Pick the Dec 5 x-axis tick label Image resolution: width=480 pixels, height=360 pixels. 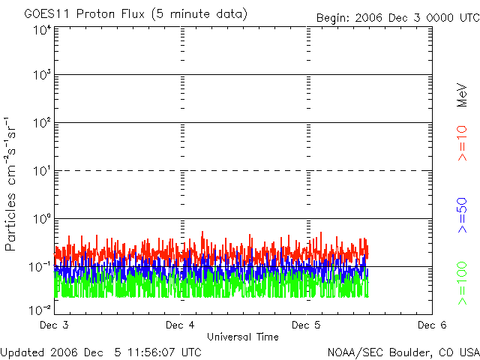pos(307,325)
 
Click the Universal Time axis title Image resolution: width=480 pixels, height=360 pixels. pos(243,337)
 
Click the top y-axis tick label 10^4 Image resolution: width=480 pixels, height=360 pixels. pos(41,30)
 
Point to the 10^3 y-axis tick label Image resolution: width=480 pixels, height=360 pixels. pos(41,75)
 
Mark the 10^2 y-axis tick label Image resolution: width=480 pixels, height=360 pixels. pos(41,123)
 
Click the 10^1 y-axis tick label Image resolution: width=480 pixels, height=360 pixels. pos(41,171)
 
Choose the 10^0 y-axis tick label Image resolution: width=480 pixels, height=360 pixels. pos(41,219)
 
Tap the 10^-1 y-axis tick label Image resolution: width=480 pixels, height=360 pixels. pos(40,267)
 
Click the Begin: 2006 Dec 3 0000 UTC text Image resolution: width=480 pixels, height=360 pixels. pos(396,16)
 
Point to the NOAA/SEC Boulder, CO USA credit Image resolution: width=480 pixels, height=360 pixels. pos(403,352)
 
